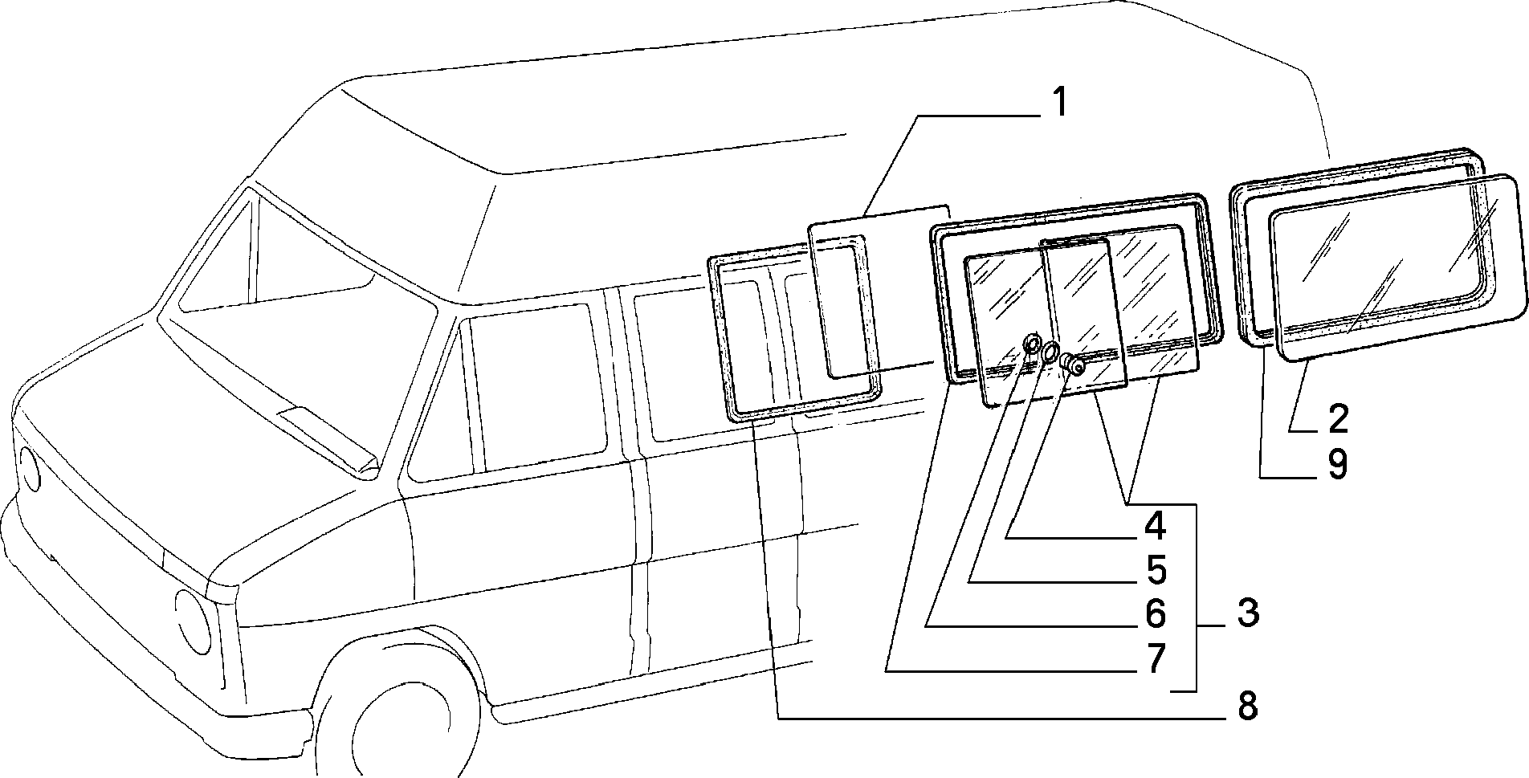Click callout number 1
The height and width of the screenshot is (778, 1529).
pyautogui.click(x=1059, y=103)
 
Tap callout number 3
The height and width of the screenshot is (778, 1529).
pyautogui.click(x=1247, y=613)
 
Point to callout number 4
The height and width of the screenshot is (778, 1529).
pyautogui.click(x=1155, y=526)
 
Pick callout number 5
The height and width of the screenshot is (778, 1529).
pyautogui.click(x=1155, y=570)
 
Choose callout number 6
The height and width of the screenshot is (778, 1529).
pyautogui.click(x=1155, y=614)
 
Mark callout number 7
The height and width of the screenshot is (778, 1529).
pyautogui.click(x=1155, y=658)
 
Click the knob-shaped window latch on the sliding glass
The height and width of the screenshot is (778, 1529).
pyautogui.click(x=1073, y=365)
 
